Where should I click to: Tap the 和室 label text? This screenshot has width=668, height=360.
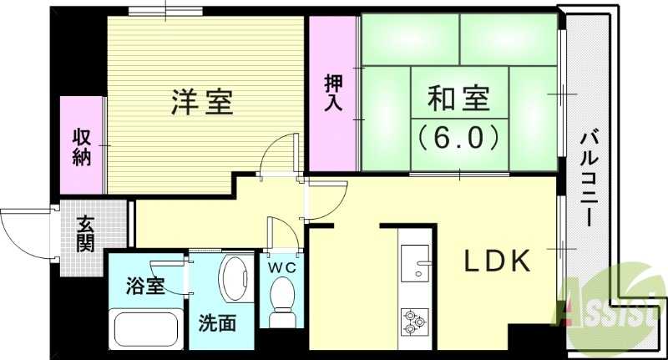click(456, 99)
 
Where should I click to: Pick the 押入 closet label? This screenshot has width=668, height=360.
click(332, 94)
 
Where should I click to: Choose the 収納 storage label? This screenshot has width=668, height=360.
click(81, 147)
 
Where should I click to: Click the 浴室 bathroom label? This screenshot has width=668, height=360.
click(144, 286)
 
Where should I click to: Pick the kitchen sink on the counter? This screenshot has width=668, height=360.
click(415, 266)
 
